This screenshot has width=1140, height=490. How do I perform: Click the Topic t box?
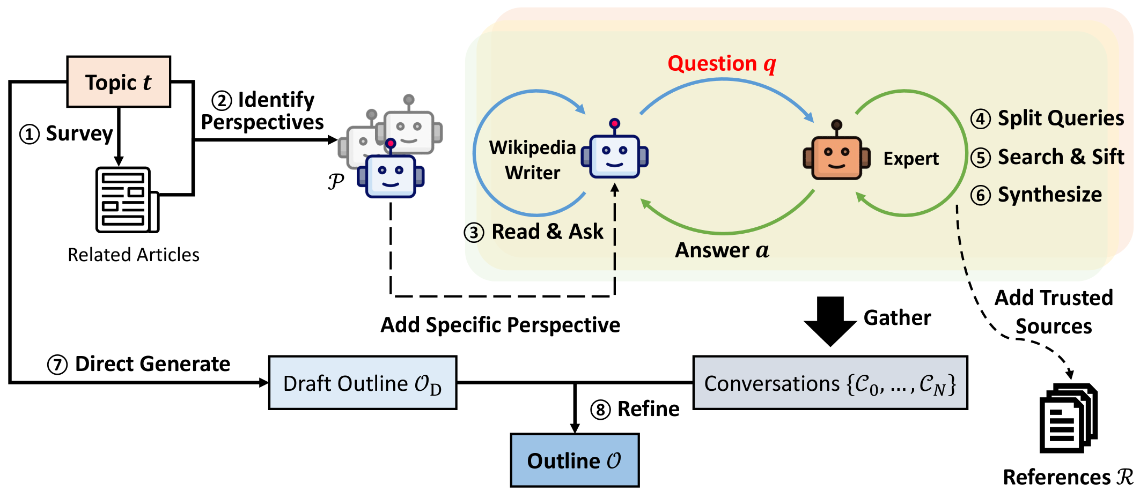[x=119, y=82]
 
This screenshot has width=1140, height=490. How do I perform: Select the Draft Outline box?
[x=363, y=383]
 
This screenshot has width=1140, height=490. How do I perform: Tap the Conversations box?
[x=830, y=383]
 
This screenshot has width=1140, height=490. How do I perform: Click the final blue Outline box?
[x=575, y=461]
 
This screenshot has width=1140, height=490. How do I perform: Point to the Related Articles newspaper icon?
[x=127, y=200]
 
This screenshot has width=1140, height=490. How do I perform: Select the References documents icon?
[x=1068, y=418]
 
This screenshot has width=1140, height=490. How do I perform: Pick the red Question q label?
[x=722, y=64]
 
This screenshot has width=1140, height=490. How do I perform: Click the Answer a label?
[x=722, y=250]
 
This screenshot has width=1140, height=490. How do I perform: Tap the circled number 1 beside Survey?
[x=30, y=134]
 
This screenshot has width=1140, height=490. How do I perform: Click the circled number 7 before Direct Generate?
[x=57, y=365]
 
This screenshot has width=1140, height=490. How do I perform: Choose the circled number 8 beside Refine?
[x=600, y=410]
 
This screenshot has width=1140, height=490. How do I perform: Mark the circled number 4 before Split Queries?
[x=981, y=118]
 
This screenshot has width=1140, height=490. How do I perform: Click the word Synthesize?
[x=1049, y=195]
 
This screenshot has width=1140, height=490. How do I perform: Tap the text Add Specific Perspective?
[x=500, y=325]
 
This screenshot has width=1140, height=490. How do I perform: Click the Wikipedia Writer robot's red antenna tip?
[x=615, y=124]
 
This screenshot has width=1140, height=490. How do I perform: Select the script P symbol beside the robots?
[x=336, y=182]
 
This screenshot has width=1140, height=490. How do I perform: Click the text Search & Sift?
[x=1061, y=157]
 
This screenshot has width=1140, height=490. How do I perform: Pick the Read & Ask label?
[x=547, y=232]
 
